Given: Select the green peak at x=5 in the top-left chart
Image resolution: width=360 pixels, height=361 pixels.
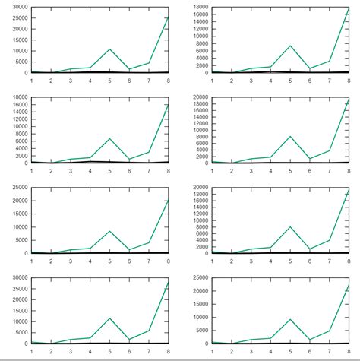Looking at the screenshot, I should point(110,49).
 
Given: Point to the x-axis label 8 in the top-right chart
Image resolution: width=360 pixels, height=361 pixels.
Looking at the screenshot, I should point(349,79).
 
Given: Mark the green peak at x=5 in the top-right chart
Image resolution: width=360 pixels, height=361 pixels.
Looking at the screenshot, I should point(290,46).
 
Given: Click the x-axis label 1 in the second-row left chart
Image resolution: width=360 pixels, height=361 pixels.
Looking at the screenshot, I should point(31,169).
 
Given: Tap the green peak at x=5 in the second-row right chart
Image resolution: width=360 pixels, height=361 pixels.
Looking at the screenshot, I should point(290,137).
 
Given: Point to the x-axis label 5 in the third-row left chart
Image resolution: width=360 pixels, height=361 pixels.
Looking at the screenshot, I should point(110,259).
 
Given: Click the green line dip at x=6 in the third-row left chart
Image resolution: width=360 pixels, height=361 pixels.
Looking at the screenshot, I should point(129,250).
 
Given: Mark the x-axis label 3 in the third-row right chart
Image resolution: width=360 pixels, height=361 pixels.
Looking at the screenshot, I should point(251,259).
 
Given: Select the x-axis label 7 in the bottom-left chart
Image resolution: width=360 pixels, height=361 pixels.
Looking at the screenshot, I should point(149,350).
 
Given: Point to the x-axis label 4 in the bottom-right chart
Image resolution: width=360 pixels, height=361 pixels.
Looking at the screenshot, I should point(270,350).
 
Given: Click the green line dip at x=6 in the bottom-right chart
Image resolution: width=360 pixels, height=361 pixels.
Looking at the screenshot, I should point(310,340).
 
